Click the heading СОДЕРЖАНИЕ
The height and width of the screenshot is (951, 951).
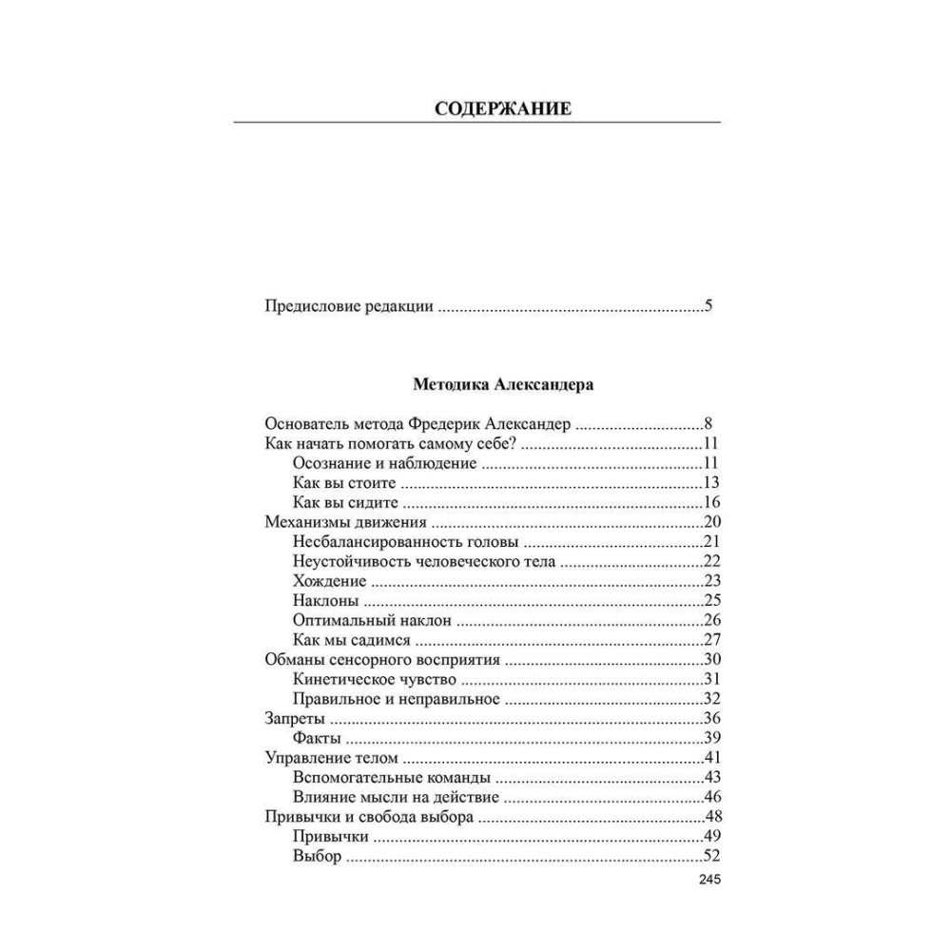click(503, 108)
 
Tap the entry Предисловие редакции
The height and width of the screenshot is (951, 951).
click(348, 307)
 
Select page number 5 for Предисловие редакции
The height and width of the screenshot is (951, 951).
click(708, 307)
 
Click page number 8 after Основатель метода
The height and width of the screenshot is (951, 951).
click(708, 424)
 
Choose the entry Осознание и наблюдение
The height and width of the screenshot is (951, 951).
click(384, 463)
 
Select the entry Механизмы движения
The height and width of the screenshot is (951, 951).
click(341, 522)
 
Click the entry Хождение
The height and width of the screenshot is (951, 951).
click(330, 581)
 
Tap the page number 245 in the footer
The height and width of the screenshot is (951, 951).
click(709, 880)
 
